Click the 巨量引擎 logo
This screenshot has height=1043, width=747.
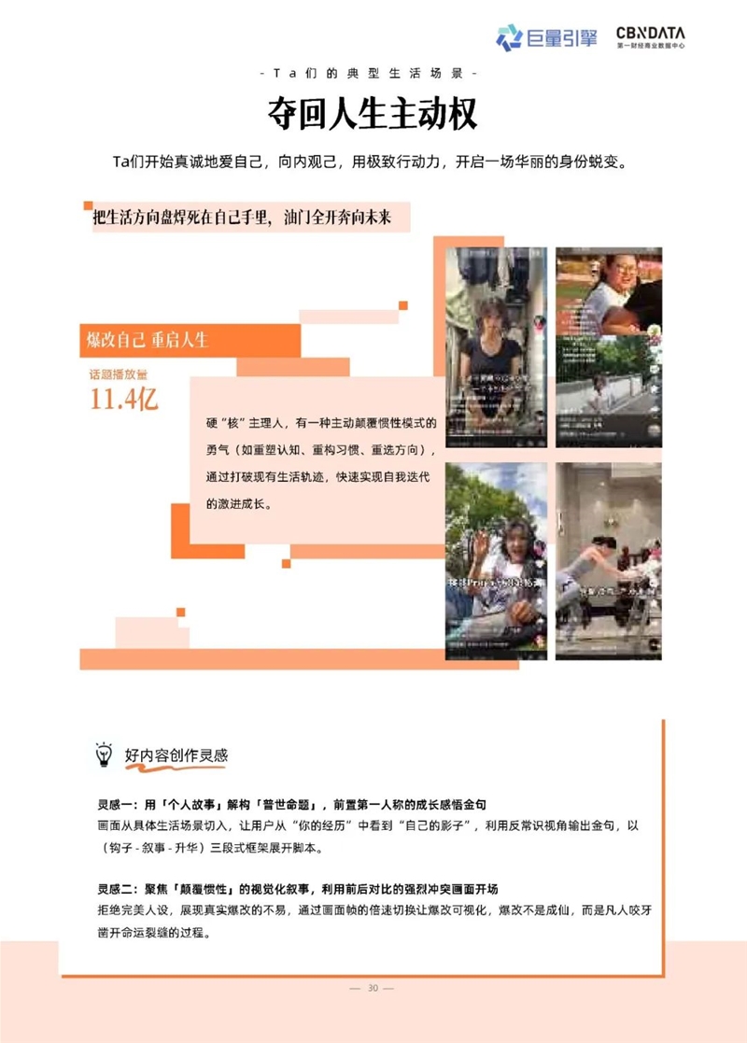click(x=545, y=37)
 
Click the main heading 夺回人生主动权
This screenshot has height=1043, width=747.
click(x=373, y=114)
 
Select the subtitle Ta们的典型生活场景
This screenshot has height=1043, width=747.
click(x=373, y=73)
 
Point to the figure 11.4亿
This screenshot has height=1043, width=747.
click(x=124, y=400)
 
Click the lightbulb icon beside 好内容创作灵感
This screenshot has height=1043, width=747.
click(x=104, y=754)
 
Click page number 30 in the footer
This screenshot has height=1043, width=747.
click(x=373, y=988)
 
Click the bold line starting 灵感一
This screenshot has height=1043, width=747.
click(x=303, y=804)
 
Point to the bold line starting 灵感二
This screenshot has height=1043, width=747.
click(x=303, y=886)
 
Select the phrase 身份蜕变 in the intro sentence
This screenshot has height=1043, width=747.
click(x=592, y=162)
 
